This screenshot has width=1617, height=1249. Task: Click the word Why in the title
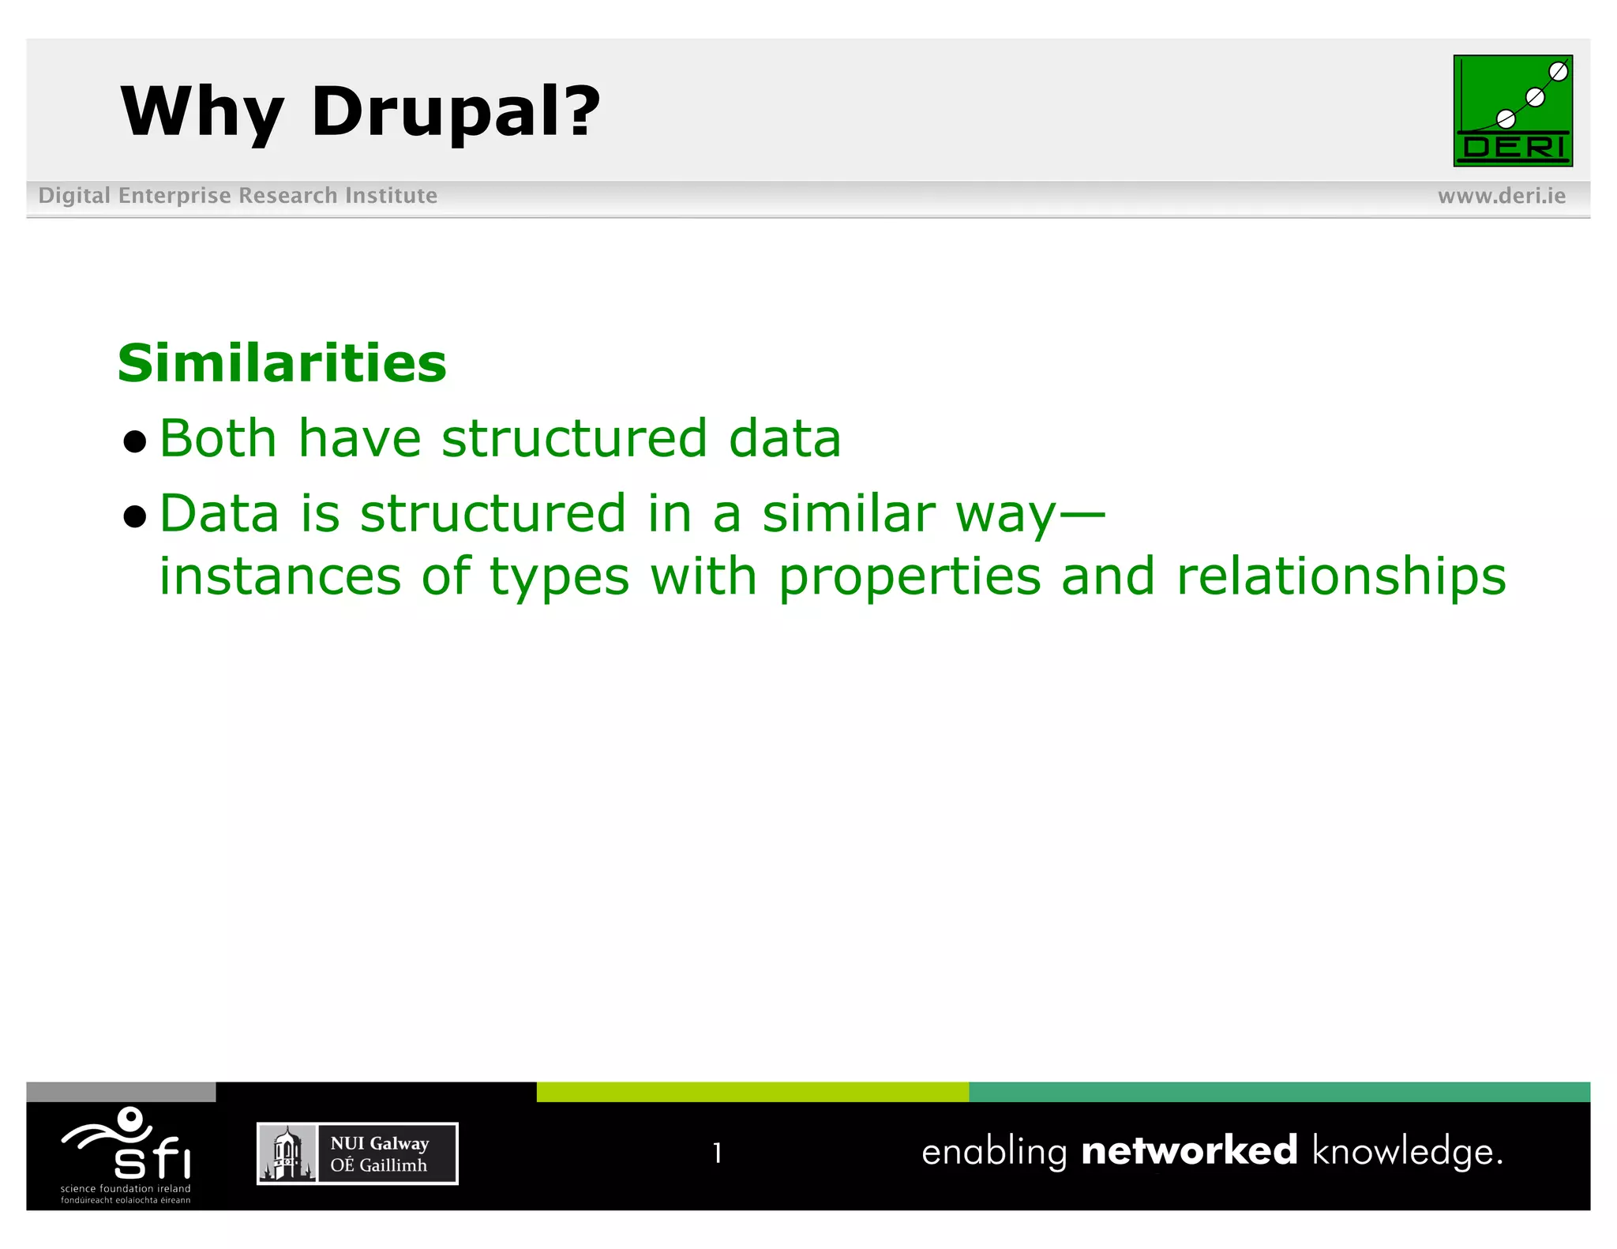click(x=201, y=112)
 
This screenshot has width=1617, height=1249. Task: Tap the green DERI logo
click(x=1512, y=111)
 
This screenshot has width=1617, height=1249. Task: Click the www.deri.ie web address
click(x=1501, y=196)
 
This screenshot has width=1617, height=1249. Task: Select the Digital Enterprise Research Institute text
click(x=238, y=196)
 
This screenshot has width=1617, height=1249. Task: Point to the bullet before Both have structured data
click(x=135, y=441)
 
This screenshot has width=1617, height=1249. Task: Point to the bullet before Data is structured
click(x=135, y=516)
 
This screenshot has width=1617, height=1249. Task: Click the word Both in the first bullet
click(x=218, y=438)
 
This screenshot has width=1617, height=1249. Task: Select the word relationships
click(x=1341, y=576)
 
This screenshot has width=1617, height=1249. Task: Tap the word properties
click(x=909, y=578)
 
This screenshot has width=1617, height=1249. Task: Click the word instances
click(x=280, y=576)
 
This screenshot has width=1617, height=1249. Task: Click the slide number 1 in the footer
click(x=717, y=1153)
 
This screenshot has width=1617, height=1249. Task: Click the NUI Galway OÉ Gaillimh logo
click(x=357, y=1153)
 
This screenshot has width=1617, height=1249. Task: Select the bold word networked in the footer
click(x=1188, y=1151)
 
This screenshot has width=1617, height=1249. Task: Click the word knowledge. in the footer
click(x=1407, y=1153)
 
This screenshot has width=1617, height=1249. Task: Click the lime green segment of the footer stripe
click(x=752, y=1092)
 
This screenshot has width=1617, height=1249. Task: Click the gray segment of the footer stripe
click(x=121, y=1092)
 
